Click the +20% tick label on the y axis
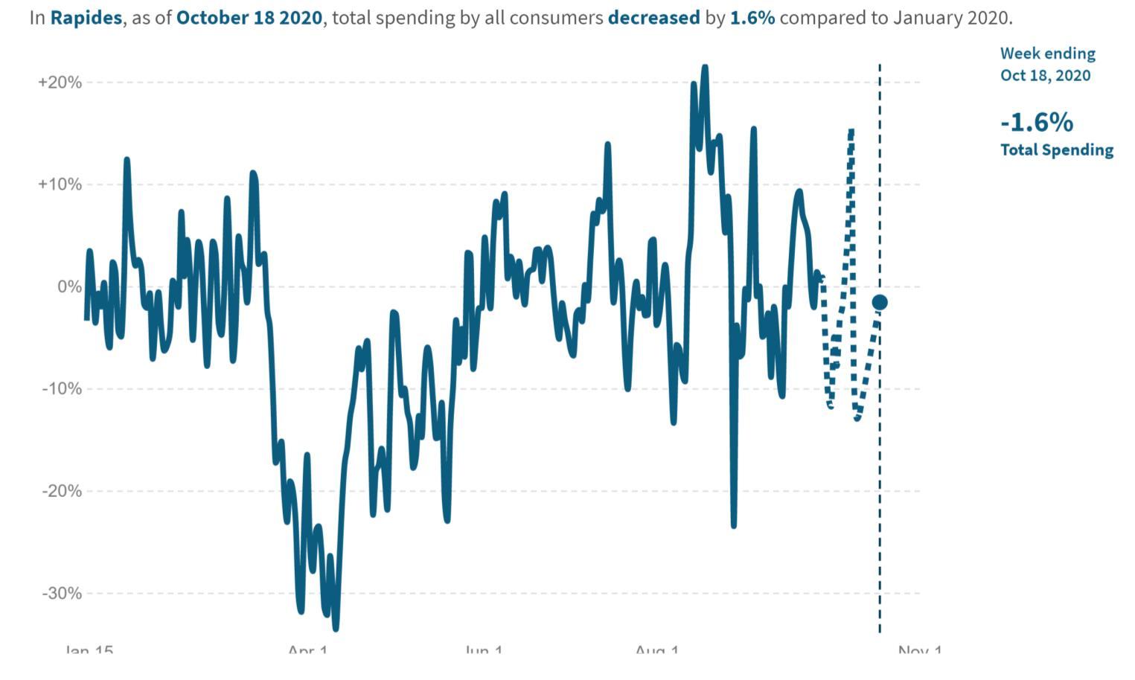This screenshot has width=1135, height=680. tap(60, 83)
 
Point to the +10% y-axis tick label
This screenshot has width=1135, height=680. tap(60, 185)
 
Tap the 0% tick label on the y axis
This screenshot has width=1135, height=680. tap(69, 287)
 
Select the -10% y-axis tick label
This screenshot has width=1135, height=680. tap(62, 389)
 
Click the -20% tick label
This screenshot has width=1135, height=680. tap(62, 491)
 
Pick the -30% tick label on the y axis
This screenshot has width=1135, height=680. tap(62, 594)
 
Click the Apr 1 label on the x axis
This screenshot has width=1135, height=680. tap(307, 651)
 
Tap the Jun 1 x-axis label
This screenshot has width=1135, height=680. tap(484, 651)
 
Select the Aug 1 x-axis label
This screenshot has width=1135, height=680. tap(657, 651)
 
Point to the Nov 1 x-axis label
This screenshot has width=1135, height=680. tap(920, 651)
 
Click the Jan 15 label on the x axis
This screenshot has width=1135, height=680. tap(89, 651)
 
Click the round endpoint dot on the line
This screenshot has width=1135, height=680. tap(880, 302)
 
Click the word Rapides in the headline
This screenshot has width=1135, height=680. tap(86, 18)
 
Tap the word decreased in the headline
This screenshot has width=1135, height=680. tap(653, 18)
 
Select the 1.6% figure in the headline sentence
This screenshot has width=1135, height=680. tap(752, 18)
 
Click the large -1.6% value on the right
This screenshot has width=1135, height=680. tap(1036, 122)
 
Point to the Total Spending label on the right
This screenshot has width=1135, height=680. tap(1056, 150)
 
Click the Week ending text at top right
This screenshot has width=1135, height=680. tap(1047, 54)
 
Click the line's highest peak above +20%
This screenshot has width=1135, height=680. tap(705, 68)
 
